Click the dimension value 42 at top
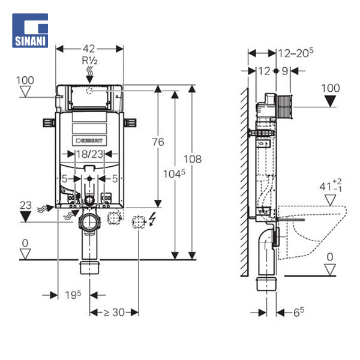[x=89, y=49]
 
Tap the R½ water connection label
[x=89, y=61]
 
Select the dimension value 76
[x=158, y=142]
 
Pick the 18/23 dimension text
[x=89, y=154]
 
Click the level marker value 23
[x=25, y=205]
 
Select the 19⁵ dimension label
[x=73, y=295]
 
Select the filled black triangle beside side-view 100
[x=330, y=100]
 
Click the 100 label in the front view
[x=25, y=80]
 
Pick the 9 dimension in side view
[x=285, y=71]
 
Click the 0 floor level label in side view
[x=329, y=257]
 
